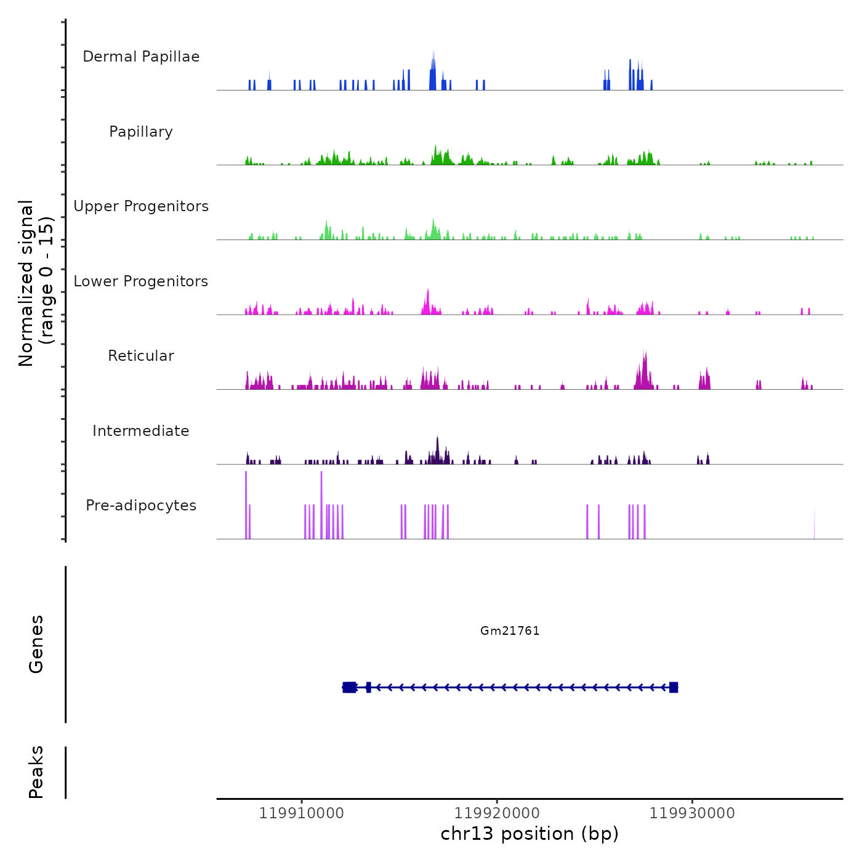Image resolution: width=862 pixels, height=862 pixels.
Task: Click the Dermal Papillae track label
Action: [141, 57]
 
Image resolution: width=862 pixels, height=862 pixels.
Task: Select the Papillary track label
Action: [141, 132]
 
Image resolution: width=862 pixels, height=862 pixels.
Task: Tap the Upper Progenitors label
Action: [141, 206]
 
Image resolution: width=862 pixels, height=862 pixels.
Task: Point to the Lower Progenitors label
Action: [141, 281]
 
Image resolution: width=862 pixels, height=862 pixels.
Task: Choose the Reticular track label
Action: [141, 356]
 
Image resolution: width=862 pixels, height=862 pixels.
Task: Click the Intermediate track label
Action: [141, 431]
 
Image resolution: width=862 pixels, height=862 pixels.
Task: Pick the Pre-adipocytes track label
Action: [141, 506]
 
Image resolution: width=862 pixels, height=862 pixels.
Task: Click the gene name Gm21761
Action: [510, 630]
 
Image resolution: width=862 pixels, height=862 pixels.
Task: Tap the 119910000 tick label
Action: [302, 813]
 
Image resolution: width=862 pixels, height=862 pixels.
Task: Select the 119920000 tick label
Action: [497, 813]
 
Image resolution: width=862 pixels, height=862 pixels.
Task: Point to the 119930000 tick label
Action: [692, 813]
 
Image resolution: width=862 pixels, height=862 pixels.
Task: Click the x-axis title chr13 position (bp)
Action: [530, 834]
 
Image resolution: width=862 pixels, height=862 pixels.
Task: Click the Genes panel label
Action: [36, 644]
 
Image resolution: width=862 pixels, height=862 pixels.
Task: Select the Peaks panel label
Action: [36, 772]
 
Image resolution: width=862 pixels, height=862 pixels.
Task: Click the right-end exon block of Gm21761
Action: [674, 687]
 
